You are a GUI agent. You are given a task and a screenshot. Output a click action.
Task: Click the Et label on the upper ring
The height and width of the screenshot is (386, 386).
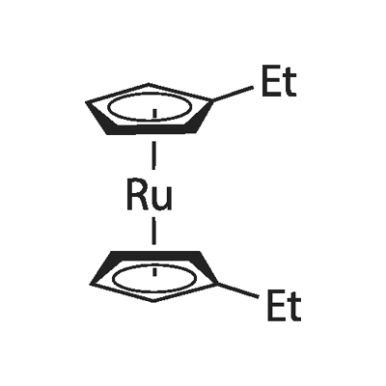(279, 81)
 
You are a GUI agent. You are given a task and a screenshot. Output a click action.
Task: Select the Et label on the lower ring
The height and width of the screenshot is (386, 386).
(284, 306)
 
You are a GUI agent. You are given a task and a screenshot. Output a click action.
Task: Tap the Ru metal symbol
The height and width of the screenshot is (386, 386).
(150, 196)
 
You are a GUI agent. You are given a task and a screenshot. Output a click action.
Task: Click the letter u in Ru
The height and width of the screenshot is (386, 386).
(162, 200)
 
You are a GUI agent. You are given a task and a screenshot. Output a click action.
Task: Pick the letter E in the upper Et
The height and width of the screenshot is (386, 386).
(271, 81)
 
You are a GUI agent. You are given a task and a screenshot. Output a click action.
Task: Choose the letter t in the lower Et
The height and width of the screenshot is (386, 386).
(295, 308)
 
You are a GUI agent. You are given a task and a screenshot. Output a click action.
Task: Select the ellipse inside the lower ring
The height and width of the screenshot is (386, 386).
(154, 277)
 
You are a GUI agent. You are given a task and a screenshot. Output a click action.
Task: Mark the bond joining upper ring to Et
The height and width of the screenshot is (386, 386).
(233, 94)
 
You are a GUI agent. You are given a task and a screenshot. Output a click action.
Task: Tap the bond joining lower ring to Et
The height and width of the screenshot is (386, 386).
(238, 290)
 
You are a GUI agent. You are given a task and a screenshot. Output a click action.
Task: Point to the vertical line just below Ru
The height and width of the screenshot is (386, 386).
(154, 231)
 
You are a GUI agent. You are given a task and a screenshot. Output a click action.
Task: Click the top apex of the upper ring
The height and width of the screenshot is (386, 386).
(148, 84)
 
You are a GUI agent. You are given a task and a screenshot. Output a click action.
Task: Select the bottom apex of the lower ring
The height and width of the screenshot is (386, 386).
(153, 301)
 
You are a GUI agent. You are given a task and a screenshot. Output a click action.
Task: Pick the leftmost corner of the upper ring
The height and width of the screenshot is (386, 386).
(86, 102)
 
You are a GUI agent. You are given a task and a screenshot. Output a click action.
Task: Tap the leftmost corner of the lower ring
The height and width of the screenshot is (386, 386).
(91, 284)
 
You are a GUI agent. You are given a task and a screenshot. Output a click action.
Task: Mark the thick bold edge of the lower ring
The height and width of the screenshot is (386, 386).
(154, 258)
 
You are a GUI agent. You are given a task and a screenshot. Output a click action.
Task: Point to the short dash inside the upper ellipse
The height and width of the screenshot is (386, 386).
(154, 114)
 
